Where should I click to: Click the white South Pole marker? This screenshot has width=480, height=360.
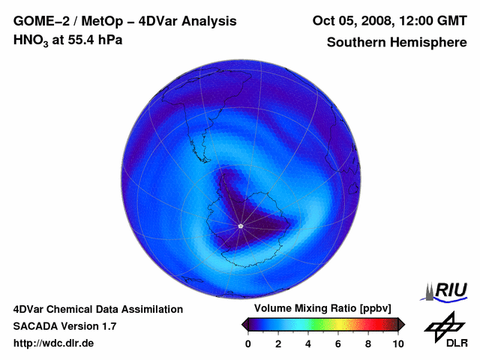240,226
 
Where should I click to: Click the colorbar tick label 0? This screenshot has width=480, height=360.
248,343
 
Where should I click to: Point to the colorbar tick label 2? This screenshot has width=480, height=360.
278,343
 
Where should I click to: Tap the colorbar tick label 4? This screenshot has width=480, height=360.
308,343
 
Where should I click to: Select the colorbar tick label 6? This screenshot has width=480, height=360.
338,343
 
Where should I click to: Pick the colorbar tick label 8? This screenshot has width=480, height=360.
368,343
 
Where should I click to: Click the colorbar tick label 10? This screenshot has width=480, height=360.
397,343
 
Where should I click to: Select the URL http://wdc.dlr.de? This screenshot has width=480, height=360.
54,343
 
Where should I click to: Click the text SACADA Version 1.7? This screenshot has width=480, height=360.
64,326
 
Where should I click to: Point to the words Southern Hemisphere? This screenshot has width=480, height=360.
396,43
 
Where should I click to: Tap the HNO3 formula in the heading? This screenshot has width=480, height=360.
32,40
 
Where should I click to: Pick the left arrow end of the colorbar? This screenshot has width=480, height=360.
244,324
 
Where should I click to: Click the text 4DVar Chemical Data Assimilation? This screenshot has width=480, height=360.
97,309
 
